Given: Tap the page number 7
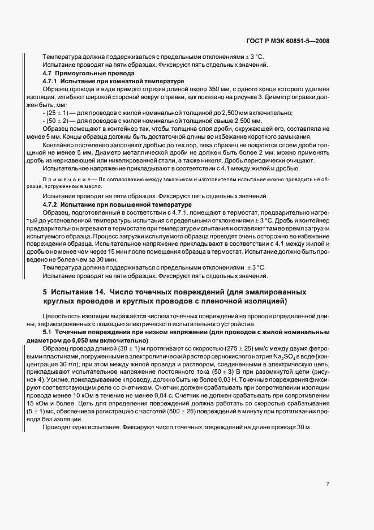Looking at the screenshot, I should pos(328,484).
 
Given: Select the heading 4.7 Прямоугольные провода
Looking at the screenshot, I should pos(80,74).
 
